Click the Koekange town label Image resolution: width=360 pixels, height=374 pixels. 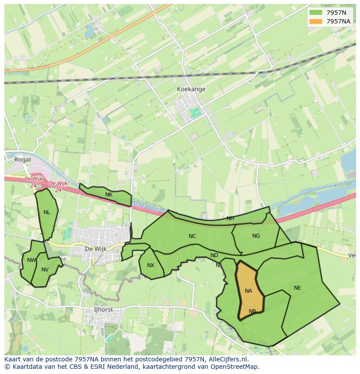point(191,89)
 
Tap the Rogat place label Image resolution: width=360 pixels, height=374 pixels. point(23,159)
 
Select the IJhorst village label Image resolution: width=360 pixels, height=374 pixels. point(103,310)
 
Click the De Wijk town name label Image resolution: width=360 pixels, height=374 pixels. point(95,249)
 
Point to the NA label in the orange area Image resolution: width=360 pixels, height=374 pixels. point(248,291)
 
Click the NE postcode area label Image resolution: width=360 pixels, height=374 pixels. point(297,288)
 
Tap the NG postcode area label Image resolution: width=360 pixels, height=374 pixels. point(256,236)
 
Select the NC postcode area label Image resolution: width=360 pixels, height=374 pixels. point(192,236)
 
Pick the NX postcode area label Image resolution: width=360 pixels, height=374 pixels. point(150,265)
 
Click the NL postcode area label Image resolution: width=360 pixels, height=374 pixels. point(47,212)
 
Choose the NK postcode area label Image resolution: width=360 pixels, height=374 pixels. point(109,195)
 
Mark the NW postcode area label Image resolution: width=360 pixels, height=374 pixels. point(31,260)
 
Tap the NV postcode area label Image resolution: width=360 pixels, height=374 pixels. point(45,270)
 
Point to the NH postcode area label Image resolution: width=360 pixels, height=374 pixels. point(230,218)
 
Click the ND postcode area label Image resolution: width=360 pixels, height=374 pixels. point(214,255)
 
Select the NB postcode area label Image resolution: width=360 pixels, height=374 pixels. point(252,311)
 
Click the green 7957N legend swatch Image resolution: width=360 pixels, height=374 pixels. point(316,13)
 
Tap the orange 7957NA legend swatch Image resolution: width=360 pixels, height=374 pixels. point(316,21)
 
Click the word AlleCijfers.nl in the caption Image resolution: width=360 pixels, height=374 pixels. point(227,359)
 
